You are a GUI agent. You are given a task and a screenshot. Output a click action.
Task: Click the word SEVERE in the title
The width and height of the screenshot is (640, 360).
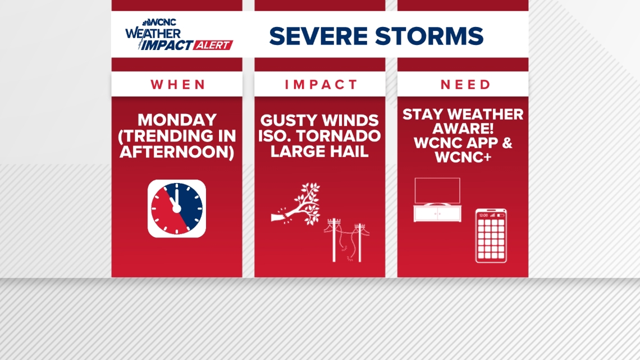(318, 36)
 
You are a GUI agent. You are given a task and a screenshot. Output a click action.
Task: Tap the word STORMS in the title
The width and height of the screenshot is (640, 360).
(429, 36)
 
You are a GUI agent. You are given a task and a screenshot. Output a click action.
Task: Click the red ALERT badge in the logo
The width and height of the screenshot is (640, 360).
(213, 45)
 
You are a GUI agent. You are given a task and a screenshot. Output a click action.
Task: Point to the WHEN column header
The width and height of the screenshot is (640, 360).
(178, 84)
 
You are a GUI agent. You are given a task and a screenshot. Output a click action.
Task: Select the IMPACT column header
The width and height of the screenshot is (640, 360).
(321, 84)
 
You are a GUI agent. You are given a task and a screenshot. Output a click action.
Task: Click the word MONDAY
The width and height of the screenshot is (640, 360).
(177, 120)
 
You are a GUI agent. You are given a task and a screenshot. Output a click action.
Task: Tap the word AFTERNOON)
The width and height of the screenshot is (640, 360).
(177, 152)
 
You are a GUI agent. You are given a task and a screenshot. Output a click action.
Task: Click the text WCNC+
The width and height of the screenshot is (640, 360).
(463, 157)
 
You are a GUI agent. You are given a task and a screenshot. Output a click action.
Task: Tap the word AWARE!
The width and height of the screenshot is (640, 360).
(463, 129)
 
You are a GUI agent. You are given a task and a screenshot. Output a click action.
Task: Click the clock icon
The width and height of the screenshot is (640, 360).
(177, 208)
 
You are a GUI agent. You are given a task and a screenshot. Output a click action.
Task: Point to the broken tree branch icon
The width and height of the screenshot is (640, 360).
(296, 204)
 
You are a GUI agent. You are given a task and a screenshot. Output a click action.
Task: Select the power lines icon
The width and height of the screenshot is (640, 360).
(347, 240)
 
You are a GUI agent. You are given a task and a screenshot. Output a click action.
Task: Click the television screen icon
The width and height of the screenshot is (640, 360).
(437, 191)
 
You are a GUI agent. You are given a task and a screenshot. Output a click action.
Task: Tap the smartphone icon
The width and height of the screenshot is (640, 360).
(491, 236)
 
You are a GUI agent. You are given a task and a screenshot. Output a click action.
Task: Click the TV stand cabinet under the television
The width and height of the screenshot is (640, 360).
(437, 213)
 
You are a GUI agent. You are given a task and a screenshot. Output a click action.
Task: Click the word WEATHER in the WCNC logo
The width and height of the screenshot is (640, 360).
(153, 34)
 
